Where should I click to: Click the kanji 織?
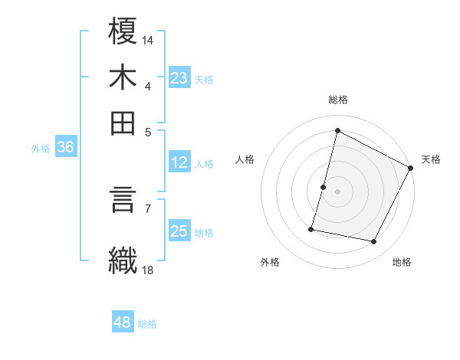tap(123, 260)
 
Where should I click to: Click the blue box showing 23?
tap(179, 78)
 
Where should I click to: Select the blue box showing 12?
tap(179, 162)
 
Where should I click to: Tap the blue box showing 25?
tap(179, 231)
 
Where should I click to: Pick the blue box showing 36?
tap(65, 148)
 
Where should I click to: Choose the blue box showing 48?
tap(123, 322)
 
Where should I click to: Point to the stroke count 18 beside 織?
tap(148, 270)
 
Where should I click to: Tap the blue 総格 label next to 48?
tap(147, 324)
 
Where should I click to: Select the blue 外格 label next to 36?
tap(41, 149)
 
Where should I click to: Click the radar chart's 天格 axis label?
tap(431, 159)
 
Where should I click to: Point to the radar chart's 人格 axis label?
tap(245, 159)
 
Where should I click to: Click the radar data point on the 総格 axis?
tap(337, 131)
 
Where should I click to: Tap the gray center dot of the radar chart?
tap(337, 191)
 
